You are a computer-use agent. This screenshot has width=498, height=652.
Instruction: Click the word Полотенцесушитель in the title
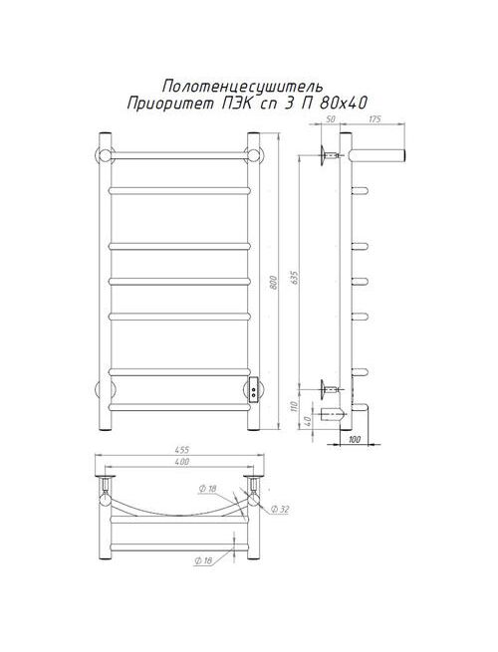(242, 87)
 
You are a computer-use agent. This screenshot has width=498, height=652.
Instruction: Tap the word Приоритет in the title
(171, 104)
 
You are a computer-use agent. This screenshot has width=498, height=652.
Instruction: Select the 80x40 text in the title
(344, 104)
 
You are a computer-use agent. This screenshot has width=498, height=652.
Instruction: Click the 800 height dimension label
(273, 282)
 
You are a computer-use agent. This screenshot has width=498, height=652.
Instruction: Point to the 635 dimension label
(294, 278)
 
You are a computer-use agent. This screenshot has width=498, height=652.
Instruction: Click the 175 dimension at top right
(374, 119)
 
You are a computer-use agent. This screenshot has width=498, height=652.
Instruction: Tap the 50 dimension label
(331, 119)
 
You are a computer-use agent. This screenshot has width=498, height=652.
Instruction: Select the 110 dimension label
(294, 406)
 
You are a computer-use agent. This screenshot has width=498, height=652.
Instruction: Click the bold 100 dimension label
(354, 440)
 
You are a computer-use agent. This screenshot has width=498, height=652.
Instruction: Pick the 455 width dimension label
(182, 450)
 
